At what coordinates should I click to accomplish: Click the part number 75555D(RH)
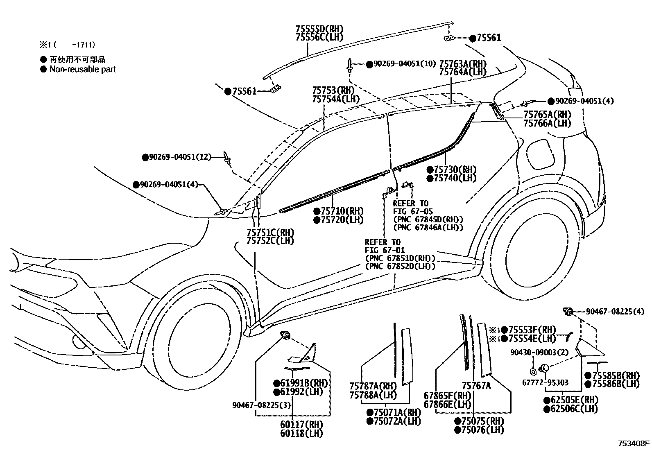coord(319,29)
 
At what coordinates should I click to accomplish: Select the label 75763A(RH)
coord(463,64)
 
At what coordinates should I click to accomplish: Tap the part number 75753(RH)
coord(333,90)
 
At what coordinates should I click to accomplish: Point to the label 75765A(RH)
coord(547,114)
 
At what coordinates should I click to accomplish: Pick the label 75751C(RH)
coord(270,233)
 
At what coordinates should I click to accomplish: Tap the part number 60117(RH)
coord(301,425)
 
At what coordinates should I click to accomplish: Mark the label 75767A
coord(476,385)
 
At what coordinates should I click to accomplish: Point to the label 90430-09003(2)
coord(533,352)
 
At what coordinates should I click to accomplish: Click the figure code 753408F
coord(634,443)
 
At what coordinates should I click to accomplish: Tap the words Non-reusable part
coord(82,69)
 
